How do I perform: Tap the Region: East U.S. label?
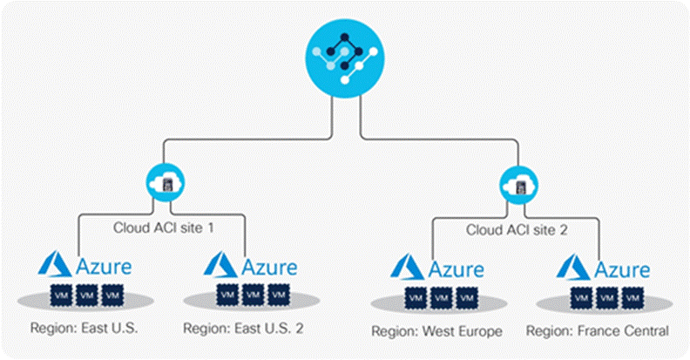pyautogui.click(x=85, y=329)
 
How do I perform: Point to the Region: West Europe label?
pyautogui.click(x=426, y=331)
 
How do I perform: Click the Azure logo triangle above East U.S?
pyautogui.click(x=56, y=264)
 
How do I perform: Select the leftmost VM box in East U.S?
pyautogui.click(x=59, y=295)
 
